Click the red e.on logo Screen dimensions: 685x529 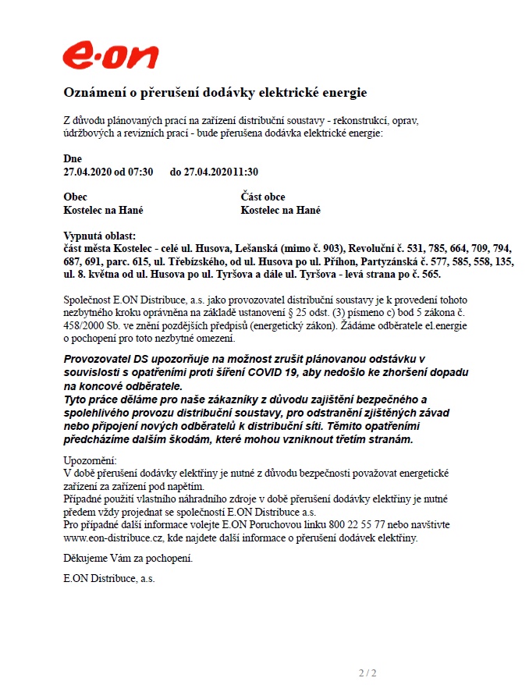click(111, 56)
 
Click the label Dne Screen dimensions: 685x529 click(73, 158)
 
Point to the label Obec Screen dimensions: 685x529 click(75, 197)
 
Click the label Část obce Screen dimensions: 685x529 click(263, 197)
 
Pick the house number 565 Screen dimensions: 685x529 click(430, 275)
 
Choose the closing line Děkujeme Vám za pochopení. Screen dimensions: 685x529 click(127, 559)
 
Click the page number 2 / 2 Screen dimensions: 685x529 click(367, 673)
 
